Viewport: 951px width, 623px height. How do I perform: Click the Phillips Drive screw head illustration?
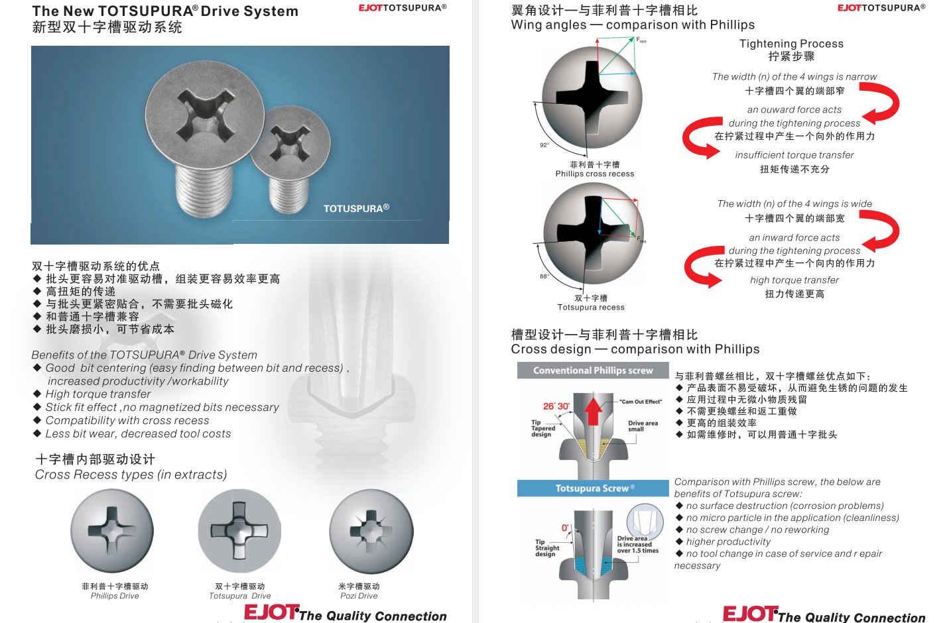(112, 530)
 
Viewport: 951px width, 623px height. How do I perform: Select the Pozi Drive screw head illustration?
(371, 531)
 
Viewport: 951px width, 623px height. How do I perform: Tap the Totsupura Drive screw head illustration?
(239, 531)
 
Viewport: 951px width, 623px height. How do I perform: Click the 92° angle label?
(544, 145)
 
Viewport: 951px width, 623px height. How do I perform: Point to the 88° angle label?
(544, 276)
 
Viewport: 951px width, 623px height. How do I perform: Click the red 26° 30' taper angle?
(556, 406)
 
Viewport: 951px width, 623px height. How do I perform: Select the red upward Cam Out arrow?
(593, 411)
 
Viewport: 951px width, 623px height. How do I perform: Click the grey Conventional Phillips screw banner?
(593, 370)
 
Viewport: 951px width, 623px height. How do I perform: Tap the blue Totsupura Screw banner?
(593, 488)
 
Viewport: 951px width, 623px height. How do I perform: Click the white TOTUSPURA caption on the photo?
(356, 208)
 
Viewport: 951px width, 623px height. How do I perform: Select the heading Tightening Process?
(791, 44)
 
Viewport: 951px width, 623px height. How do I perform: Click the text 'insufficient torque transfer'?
(794, 155)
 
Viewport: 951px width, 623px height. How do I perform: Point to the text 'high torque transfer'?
(794, 280)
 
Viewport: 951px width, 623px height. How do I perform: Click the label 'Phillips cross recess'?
(594, 174)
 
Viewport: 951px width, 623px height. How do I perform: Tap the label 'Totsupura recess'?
(591, 308)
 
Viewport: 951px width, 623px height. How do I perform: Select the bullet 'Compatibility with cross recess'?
(127, 421)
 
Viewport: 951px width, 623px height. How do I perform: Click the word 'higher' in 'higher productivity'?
(700, 542)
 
